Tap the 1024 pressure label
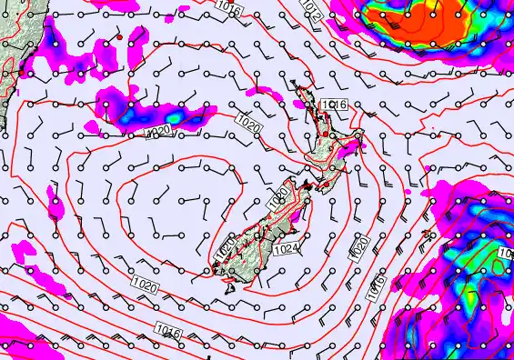(x=286, y=247)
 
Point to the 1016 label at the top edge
(x=230, y=8)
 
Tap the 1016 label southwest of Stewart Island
(x=167, y=330)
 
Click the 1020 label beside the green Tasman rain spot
(x=158, y=134)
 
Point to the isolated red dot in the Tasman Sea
(x=118, y=38)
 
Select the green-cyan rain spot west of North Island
(x=171, y=116)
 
